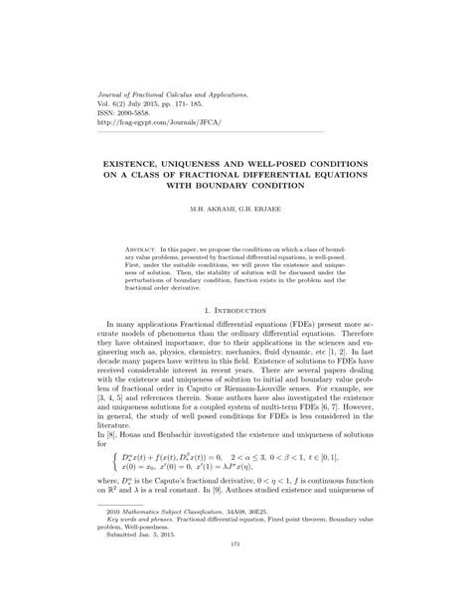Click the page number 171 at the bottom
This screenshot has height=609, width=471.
pos(235,571)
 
